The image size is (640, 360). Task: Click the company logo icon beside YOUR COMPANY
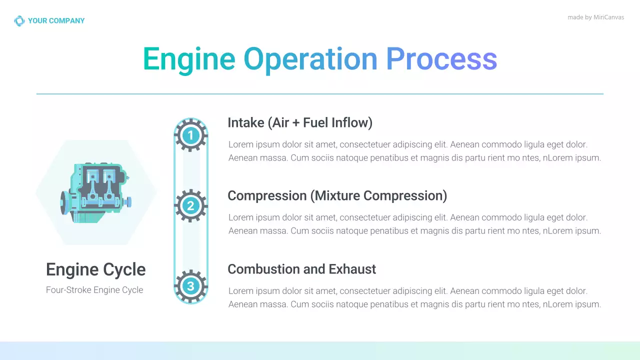(x=19, y=21)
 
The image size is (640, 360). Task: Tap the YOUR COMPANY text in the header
(x=56, y=21)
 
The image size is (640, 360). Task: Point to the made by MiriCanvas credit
(x=595, y=17)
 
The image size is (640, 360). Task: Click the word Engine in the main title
(x=188, y=59)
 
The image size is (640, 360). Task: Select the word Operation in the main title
(x=310, y=59)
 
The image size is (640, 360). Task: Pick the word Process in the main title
(x=441, y=59)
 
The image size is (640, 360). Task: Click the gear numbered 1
(x=190, y=135)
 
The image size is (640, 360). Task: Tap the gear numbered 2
(x=190, y=205)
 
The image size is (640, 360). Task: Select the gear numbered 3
(x=190, y=286)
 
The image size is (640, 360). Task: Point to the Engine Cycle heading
(x=95, y=269)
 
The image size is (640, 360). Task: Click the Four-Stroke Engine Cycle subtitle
(x=94, y=290)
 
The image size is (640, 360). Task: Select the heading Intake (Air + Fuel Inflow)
(x=299, y=123)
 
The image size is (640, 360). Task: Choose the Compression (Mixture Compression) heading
(x=337, y=195)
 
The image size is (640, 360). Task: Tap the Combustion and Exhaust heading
(x=301, y=269)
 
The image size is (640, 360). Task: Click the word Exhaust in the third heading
(x=352, y=269)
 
